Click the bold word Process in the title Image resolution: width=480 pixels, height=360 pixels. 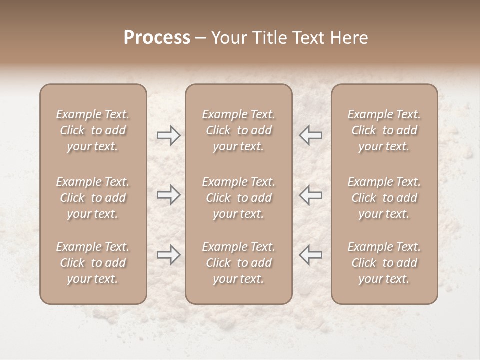pos(157,38)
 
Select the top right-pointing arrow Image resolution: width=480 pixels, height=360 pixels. pos(168,135)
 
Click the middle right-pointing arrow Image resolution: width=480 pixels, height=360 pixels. pos(168,195)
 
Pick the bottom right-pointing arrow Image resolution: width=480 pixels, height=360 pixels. pos(168,255)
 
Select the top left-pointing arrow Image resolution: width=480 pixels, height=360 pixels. pos(311,135)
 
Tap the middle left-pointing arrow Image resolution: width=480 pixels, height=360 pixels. pos(311,195)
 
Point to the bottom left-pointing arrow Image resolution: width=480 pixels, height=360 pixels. pos(311,255)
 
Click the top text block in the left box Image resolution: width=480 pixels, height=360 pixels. pos(93,130)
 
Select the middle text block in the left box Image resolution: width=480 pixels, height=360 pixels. pos(93,198)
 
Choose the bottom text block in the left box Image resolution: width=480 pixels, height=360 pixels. pos(93,263)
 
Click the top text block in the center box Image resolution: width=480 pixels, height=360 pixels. pos(239,130)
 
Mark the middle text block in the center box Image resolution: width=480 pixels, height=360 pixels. pos(239,198)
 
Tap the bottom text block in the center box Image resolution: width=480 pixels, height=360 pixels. pos(239,263)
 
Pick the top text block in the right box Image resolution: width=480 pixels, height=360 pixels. pos(384,130)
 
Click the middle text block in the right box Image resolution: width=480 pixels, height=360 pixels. pos(384,198)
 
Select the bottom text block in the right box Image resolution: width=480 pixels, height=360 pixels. pos(384,263)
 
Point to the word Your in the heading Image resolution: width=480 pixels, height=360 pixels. pos(228,38)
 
